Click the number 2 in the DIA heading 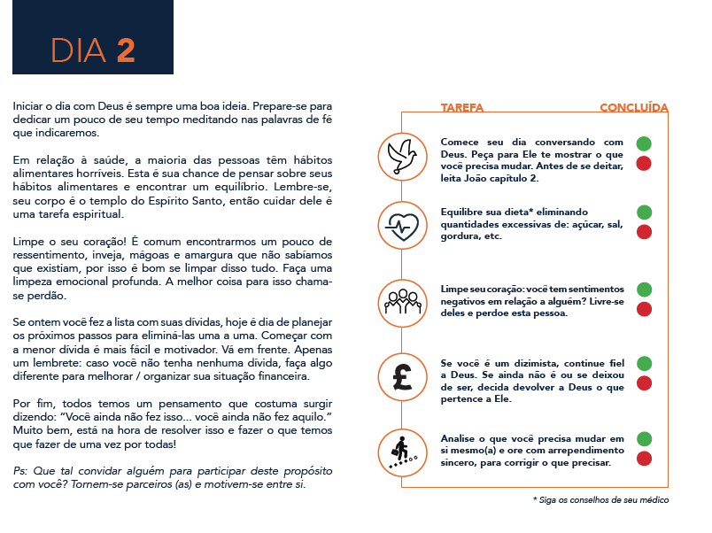[x=125, y=50]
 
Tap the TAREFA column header [x=462, y=108]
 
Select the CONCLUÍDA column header [x=633, y=108]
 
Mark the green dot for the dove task [x=644, y=143]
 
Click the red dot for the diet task [x=644, y=232]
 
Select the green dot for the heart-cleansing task [x=644, y=290]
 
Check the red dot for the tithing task [x=644, y=383]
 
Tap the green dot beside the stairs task [x=644, y=438]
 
